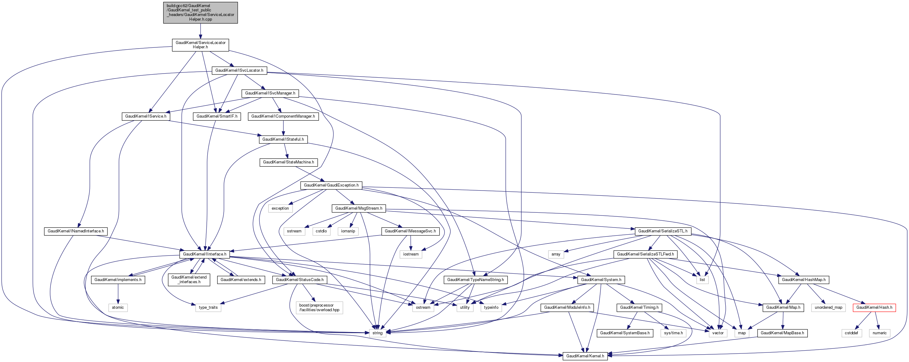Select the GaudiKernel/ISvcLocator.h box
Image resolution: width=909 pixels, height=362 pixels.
pyautogui.click(x=239, y=70)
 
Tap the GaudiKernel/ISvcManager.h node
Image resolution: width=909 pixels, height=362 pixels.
pyautogui.click(x=270, y=93)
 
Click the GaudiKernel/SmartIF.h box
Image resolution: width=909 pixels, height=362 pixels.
pyautogui.click(x=217, y=116)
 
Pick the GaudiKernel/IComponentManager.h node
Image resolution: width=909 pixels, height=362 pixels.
pyautogui.click(x=283, y=116)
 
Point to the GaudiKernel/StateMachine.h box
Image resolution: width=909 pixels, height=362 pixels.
pyautogui.click(x=288, y=162)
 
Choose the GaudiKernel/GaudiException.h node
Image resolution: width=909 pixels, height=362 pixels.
pyautogui.click(x=331, y=185)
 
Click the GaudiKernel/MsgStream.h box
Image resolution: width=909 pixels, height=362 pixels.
pyautogui.click(x=358, y=208)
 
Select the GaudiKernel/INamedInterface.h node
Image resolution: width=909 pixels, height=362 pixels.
pyautogui.click(x=75, y=231)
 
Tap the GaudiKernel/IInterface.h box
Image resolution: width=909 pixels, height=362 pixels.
pyautogui.click(x=204, y=254)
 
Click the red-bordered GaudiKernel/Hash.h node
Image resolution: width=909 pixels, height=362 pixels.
pyautogui.click(x=874, y=307)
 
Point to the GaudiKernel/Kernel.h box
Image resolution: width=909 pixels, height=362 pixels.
pyautogui.click(x=585, y=356)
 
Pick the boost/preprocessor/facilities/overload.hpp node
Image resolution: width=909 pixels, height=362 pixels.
pyautogui.click(x=319, y=307)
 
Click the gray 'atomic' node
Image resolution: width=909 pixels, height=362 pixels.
pyautogui.click(x=118, y=307)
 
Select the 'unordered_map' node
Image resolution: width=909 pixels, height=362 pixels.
pyautogui.click(x=828, y=307)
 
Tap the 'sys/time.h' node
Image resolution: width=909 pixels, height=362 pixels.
pyautogui.click(x=673, y=333)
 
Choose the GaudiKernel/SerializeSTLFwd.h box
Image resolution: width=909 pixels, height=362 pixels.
pyautogui.click(x=645, y=254)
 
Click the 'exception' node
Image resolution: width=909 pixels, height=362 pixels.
pyautogui.click(x=280, y=208)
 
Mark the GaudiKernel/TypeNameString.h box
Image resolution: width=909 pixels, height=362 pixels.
pyautogui.click(x=475, y=280)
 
